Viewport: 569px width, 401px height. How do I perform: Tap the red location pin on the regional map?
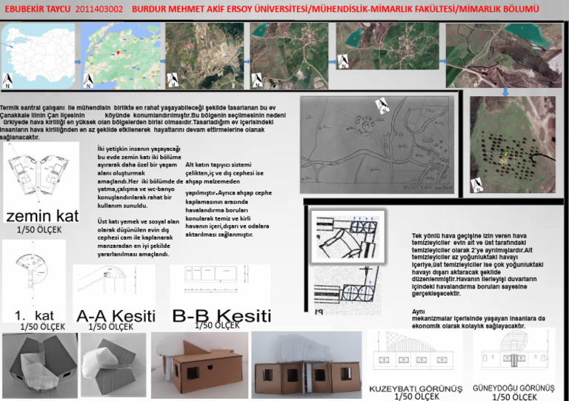[119, 53]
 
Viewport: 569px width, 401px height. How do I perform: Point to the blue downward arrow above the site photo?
[506, 92]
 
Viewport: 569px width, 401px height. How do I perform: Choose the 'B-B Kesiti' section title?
[222, 315]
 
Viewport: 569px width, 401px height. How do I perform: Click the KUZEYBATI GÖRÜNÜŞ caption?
[416, 388]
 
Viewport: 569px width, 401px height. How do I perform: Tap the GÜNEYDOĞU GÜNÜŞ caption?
[513, 388]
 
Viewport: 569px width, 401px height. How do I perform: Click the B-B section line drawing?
[215, 281]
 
